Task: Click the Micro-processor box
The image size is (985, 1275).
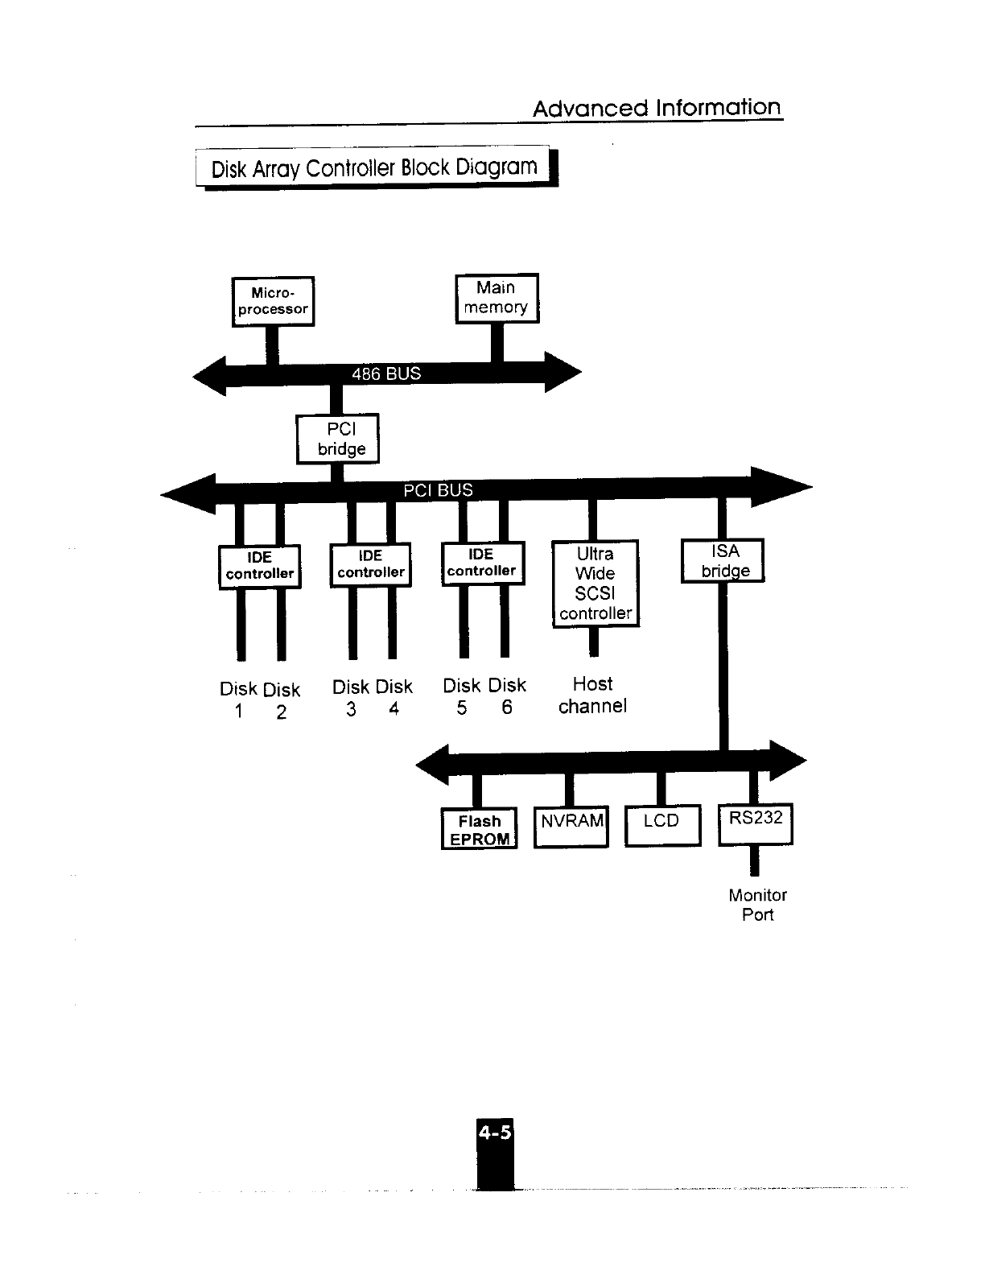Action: click(273, 301)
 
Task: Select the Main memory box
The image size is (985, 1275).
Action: click(497, 298)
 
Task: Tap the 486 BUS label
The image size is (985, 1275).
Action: click(386, 373)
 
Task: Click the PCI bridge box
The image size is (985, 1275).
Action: click(337, 439)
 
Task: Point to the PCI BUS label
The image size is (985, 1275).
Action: click(438, 490)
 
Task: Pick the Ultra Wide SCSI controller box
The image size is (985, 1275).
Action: click(596, 584)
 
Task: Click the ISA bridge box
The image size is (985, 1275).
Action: click(723, 560)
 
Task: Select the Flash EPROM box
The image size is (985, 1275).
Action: click(480, 829)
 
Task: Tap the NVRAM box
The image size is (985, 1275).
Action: click(571, 826)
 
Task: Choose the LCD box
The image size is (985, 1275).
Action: click(662, 826)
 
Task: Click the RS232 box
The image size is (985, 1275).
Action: click(756, 823)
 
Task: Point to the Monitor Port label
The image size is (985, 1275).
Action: click(757, 905)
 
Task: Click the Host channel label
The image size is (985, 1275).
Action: click(592, 695)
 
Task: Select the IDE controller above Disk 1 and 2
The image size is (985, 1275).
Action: click(259, 566)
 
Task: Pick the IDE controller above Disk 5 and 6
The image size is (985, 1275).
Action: click(482, 563)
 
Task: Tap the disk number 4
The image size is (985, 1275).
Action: click(394, 709)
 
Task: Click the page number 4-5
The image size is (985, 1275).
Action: click(494, 1133)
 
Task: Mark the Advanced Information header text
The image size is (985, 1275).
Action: click(657, 108)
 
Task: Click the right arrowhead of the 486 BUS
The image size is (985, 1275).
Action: click(563, 372)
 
